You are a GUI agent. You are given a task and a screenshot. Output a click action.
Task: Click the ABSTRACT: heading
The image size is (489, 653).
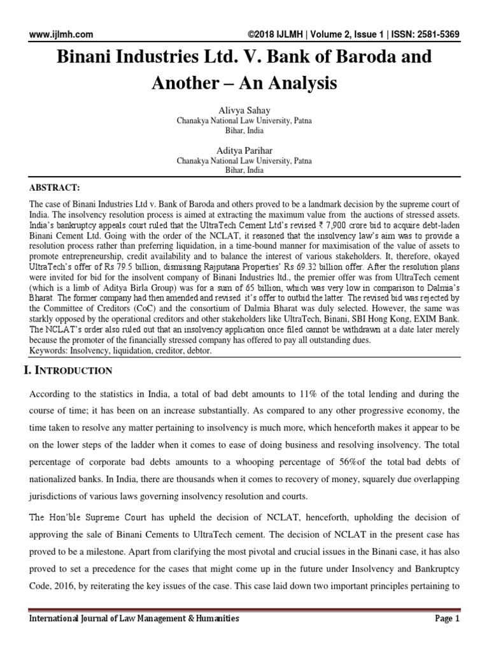coord(55,189)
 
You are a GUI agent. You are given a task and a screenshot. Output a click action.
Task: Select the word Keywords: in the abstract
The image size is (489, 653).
coord(50,351)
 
